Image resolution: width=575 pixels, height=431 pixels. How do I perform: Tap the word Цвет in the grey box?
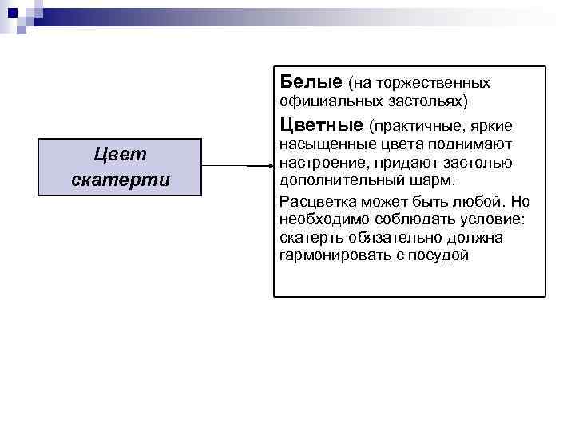120,155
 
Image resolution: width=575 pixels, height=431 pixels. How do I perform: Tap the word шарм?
436,180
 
